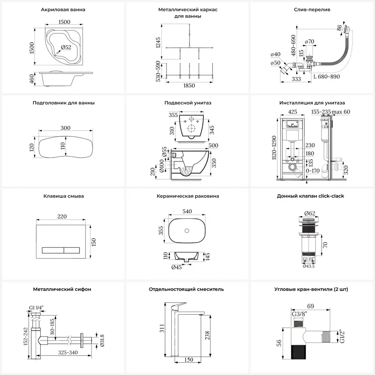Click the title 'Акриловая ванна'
pyautogui.click(x=63, y=10)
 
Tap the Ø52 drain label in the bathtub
pyautogui.click(x=66, y=47)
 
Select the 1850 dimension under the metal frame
pyautogui.click(x=189, y=85)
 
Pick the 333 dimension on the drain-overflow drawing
pyautogui.click(x=296, y=79)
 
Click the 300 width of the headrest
pyautogui.click(x=65, y=128)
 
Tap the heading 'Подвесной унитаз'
pyautogui.click(x=188, y=103)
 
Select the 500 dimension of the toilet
pyautogui.click(x=213, y=145)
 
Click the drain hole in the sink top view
pyautogui.click(x=186, y=229)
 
